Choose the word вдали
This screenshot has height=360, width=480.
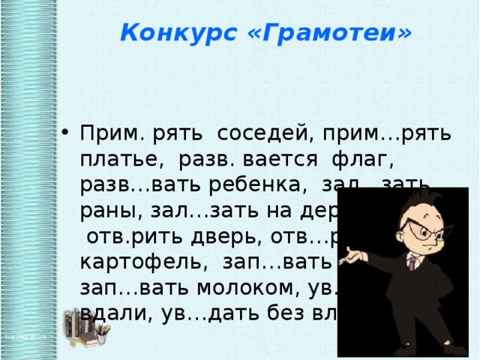click(111, 314)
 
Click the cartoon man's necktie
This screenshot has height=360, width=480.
click(412, 263)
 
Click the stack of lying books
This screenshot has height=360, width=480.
click(83, 340)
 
